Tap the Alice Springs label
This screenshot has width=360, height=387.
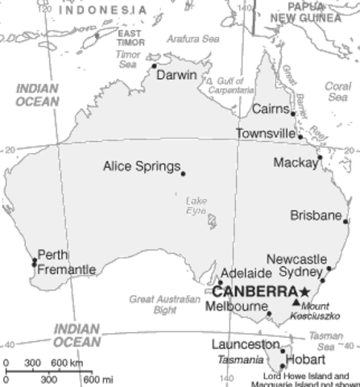pyautogui.click(x=141, y=167)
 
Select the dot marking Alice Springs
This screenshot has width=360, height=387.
pyautogui.click(x=183, y=173)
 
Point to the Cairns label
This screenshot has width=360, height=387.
pyautogui.click(x=269, y=109)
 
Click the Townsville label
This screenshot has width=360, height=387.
pyautogui.click(x=266, y=133)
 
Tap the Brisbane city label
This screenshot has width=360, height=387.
pyautogui.click(x=317, y=215)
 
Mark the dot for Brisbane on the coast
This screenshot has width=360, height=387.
pyautogui.click(x=346, y=220)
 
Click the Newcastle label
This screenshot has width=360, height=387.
pyautogui.click(x=296, y=259)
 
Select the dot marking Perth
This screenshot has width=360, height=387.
pyautogui.click(x=34, y=261)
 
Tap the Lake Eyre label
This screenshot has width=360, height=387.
pyautogui.click(x=197, y=205)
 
